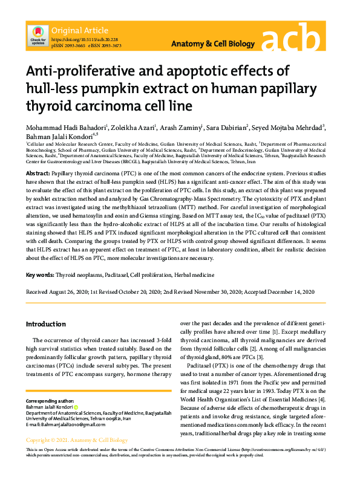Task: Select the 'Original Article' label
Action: [80, 30]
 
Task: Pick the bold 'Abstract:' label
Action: [38, 173]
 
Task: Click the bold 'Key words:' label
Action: [40, 275]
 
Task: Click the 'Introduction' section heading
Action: [45, 324]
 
